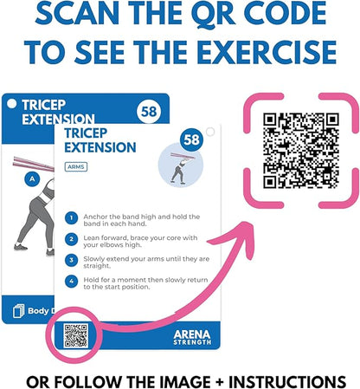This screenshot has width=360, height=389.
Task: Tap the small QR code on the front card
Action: pos(76,334)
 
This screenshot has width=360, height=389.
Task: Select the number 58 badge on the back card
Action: pos(149,111)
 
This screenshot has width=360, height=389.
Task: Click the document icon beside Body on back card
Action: pos(18,310)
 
